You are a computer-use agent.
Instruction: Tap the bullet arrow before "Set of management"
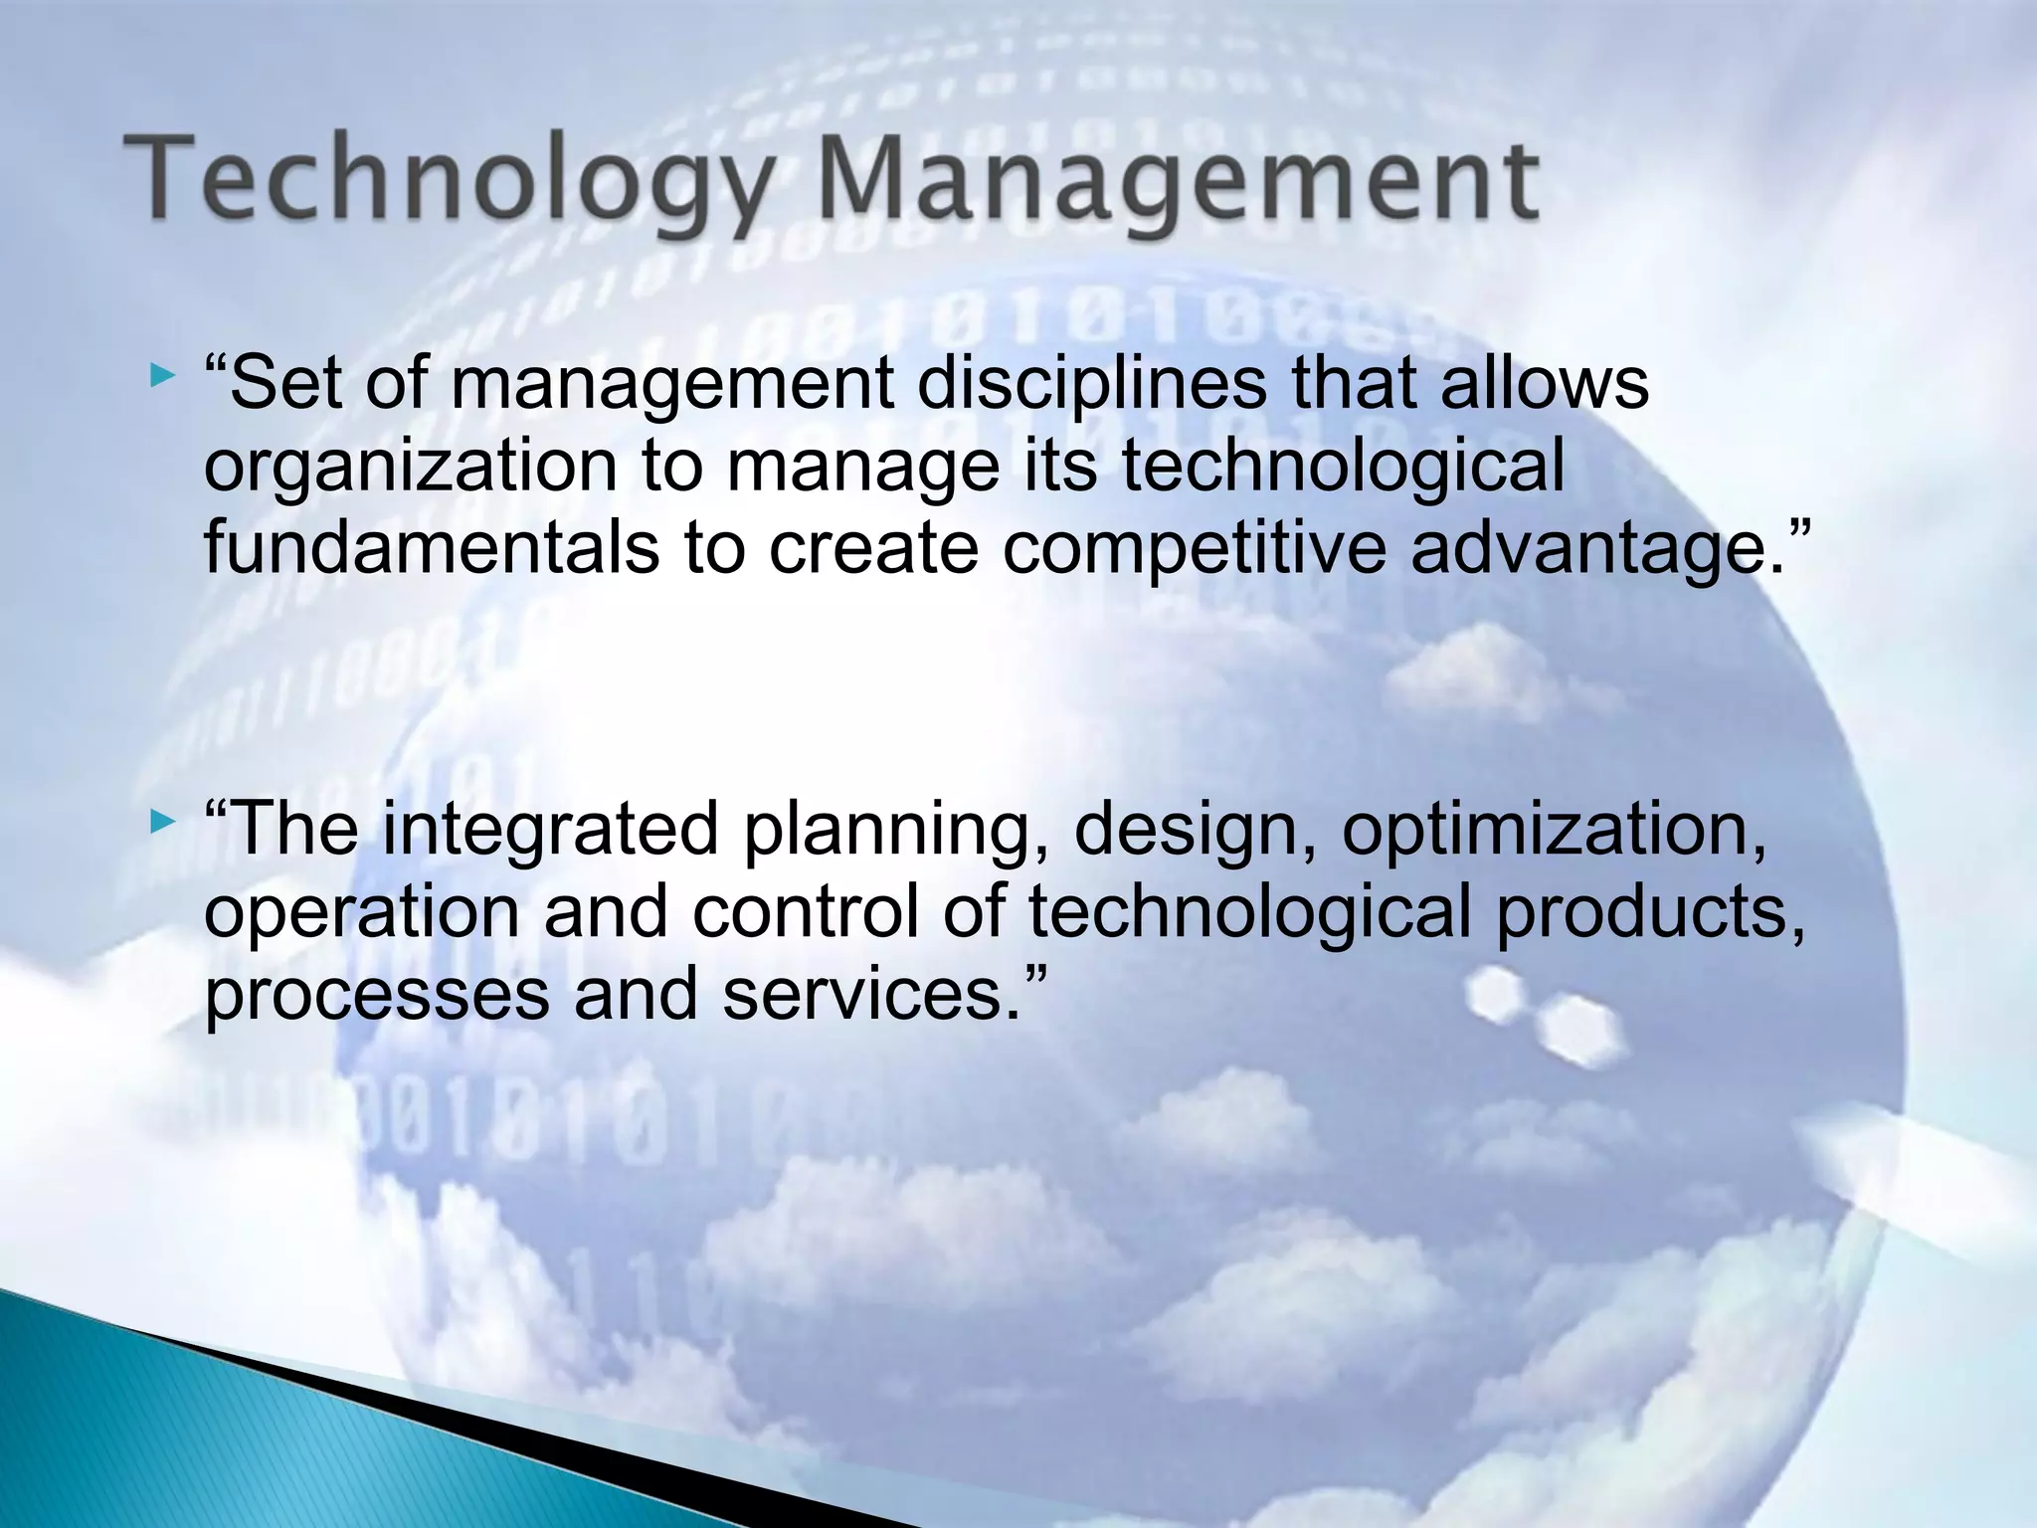(162, 376)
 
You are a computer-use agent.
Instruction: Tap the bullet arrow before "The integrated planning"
(162, 823)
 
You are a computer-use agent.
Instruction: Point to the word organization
(411, 468)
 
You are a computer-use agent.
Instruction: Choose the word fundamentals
(431, 548)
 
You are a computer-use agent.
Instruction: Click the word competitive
(1194, 550)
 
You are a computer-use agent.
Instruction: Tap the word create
(873, 550)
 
